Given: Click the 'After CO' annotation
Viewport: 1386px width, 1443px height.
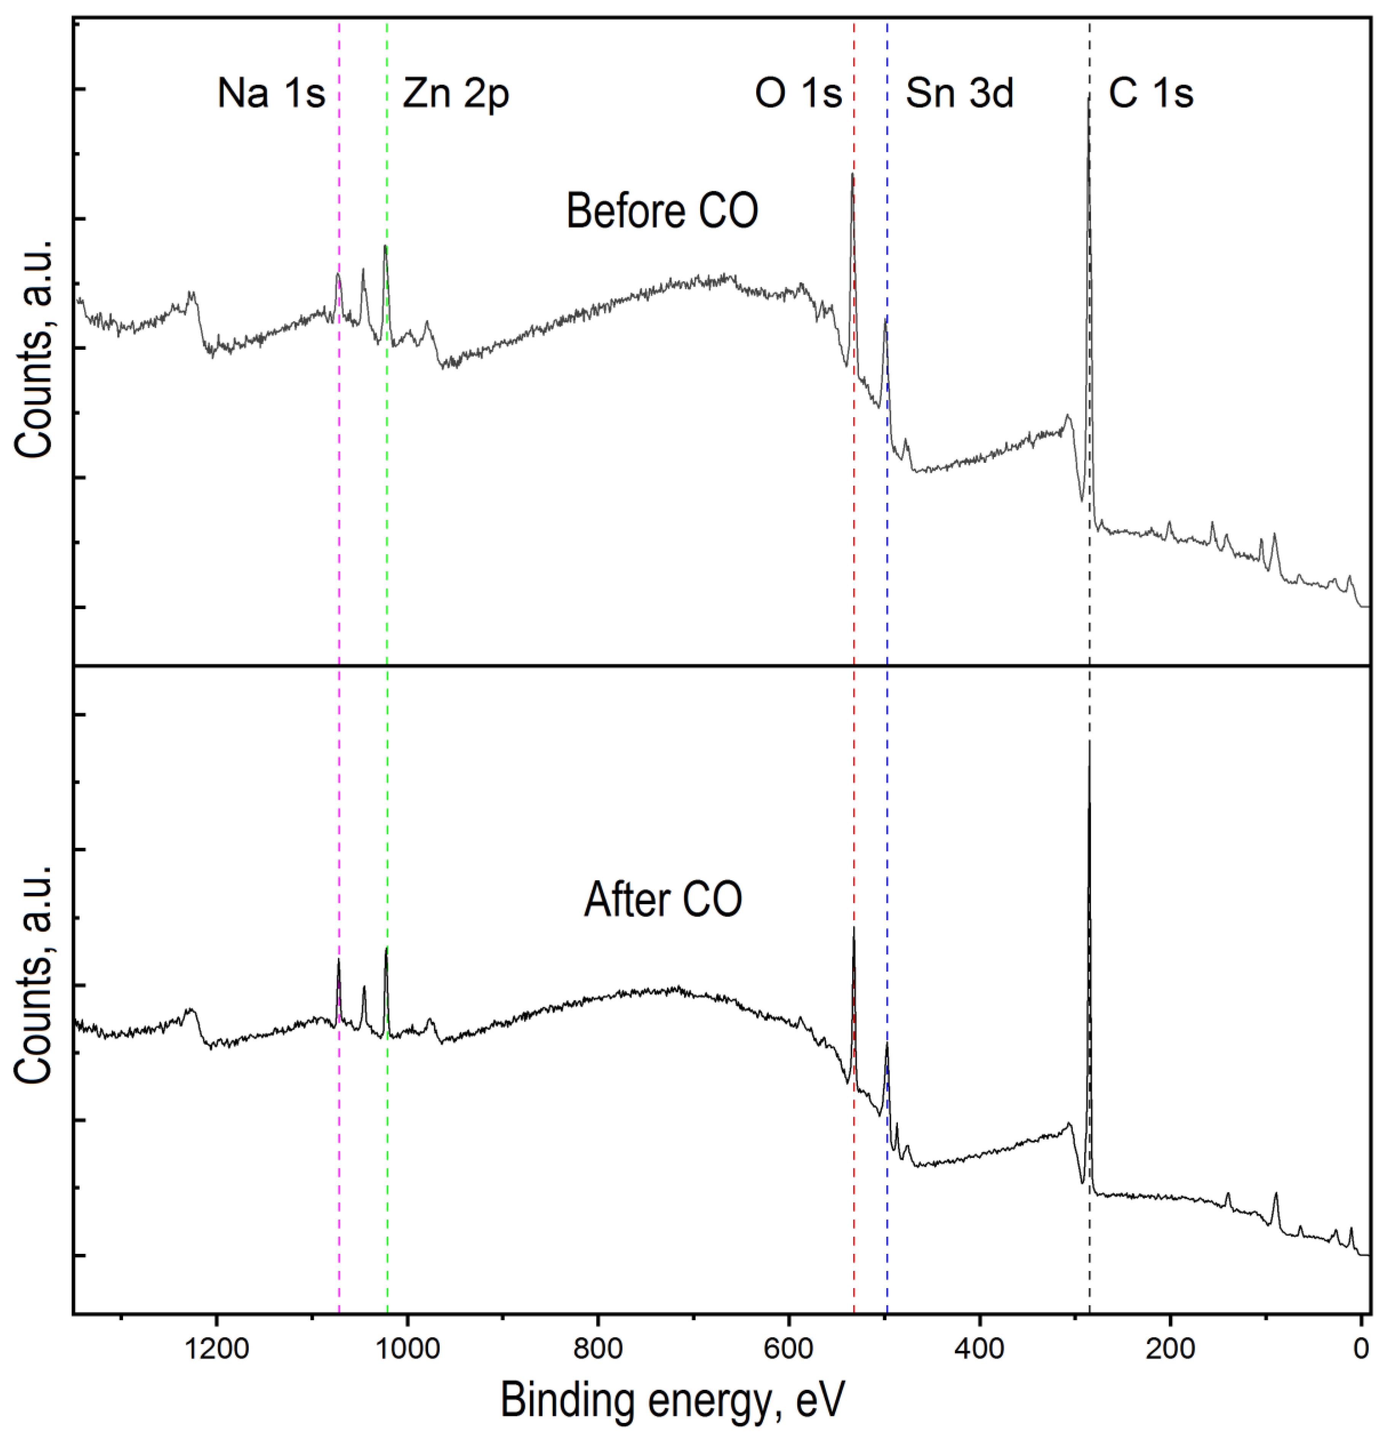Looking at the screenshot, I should click(663, 900).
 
